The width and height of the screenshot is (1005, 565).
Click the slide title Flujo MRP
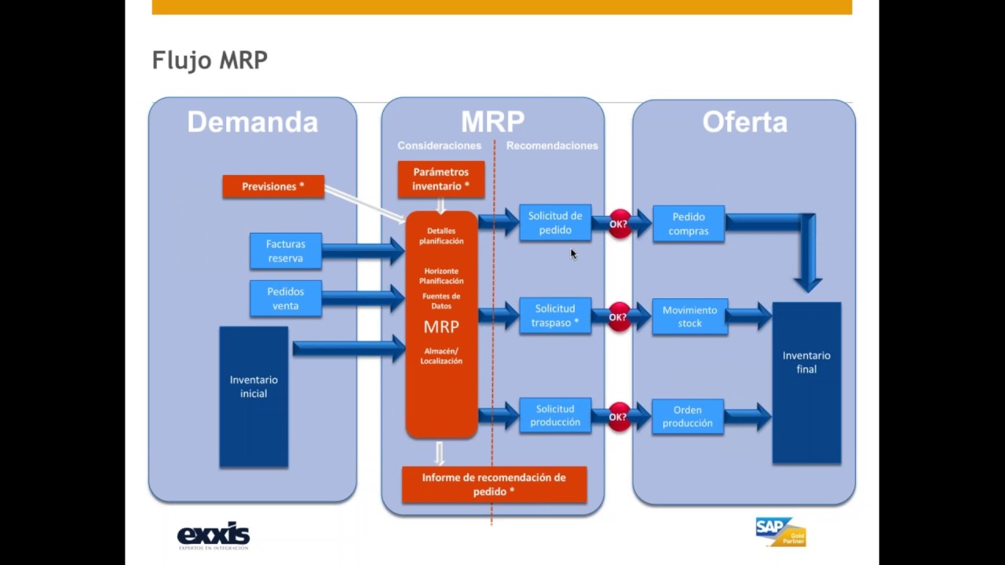(x=210, y=60)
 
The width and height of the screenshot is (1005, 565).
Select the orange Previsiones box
(x=273, y=187)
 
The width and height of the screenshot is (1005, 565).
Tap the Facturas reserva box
(x=286, y=251)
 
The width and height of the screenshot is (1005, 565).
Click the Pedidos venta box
(x=286, y=298)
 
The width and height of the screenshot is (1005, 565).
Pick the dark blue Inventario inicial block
(x=254, y=397)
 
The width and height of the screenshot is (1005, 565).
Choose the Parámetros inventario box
(x=440, y=179)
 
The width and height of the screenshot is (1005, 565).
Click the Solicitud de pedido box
(x=555, y=223)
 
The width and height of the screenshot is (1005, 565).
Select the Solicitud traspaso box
(x=555, y=315)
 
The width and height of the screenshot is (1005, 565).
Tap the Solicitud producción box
(x=555, y=415)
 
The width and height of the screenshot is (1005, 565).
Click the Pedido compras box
(x=689, y=224)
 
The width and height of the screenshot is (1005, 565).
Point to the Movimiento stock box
(x=689, y=316)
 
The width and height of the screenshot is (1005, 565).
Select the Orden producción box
(x=688, y=417)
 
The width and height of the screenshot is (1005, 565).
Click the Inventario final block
(x=806, y=383)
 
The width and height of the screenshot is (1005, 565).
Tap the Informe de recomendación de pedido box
(x=494, y=484)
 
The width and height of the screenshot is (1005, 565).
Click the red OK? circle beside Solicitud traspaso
(x=619, y=317)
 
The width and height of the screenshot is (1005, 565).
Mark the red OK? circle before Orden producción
(x=619, y=417)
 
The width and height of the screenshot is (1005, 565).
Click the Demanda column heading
(x=252, y=122)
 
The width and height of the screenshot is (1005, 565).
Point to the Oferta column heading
(x=744, y=122)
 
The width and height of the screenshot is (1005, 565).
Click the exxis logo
(x=213, y=536)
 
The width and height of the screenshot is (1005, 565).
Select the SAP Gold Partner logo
(x=780, y=531)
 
